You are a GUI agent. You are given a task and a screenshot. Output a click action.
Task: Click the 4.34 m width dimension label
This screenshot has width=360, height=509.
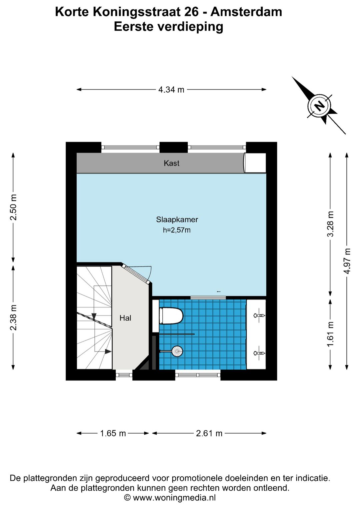click(x=171, y=90)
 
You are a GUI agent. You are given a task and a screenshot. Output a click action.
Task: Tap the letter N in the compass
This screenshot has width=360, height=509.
click(x=319, y=105)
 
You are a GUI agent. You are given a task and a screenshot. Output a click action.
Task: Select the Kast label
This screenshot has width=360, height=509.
click(x=171, y=163)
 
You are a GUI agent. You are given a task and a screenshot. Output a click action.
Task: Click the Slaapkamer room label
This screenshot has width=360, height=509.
click(x=177, y=219)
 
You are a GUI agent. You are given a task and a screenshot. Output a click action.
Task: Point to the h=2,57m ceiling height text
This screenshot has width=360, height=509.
click(x=177, y=230)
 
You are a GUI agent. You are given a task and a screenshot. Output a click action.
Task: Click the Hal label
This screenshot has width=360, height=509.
click(x=125, y=318)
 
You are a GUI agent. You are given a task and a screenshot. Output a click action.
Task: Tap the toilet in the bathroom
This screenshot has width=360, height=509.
click(x=171, y=316)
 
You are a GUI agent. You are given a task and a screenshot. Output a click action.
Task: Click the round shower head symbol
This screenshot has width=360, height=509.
click(x=177, y=351)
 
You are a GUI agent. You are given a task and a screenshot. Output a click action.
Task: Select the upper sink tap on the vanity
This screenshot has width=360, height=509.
click(x=259, y=316)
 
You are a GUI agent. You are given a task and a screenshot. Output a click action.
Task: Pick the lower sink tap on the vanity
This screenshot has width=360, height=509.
click(x=259, y=353)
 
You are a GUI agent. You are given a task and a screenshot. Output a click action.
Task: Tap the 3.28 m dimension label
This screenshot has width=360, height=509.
click(x=330, y=224)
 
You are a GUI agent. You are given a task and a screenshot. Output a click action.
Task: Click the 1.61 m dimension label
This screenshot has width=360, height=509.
click(x=330, y=334)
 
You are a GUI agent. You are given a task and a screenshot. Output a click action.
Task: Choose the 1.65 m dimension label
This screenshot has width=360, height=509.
click(x=113, y=433)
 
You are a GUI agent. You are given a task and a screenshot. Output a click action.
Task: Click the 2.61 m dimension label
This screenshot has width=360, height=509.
click(x=209, y=433)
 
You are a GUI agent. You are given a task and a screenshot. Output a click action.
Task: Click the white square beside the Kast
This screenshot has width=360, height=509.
click(x=255, y=163)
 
